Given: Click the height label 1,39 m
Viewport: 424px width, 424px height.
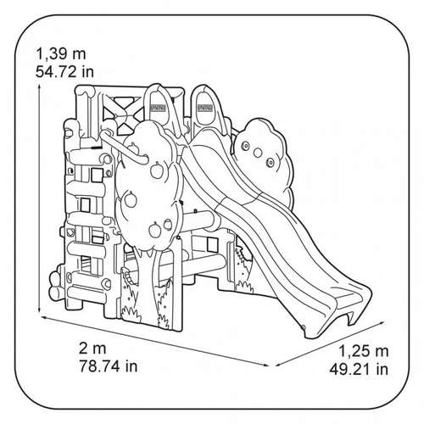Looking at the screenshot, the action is [x=61, y=53].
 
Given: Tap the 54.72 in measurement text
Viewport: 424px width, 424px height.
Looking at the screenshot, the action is [x=64, y=71].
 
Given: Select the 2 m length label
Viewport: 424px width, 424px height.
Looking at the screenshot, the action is [x=92, y=348].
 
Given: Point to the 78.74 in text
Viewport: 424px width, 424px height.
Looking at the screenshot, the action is [x=109, y=365].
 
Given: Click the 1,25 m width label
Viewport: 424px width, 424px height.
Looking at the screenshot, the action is [x=363, y=351].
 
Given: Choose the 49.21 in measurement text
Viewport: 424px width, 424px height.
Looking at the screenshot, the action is [x=359, y=369].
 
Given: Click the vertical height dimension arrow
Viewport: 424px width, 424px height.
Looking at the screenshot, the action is [x=40, y=197].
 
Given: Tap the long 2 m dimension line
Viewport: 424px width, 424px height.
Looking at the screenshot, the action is [x=155, y=341].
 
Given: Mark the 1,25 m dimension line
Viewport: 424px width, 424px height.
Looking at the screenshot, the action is [x=330, y=343].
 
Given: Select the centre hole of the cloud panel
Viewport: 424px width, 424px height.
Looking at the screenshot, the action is [x=258, y=153].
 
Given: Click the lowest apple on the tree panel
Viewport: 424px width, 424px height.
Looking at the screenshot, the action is [x=155, y=230].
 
